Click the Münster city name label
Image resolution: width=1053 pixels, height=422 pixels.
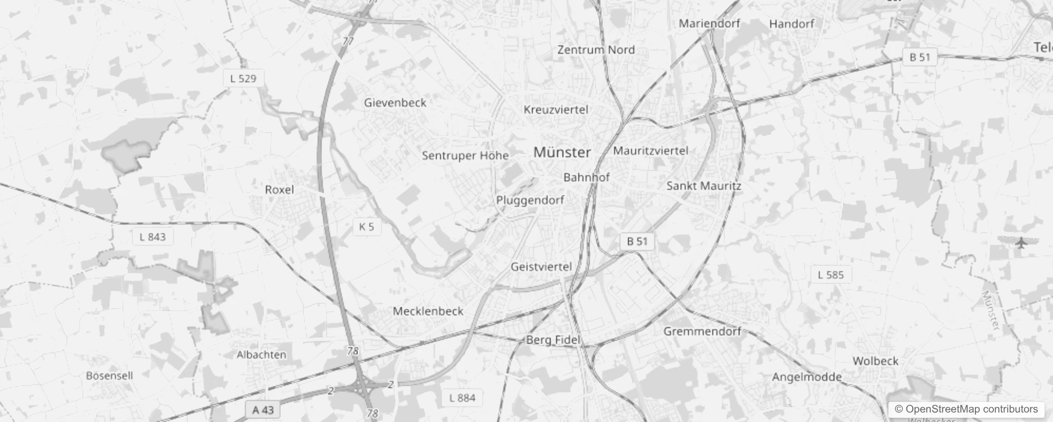point(562,152)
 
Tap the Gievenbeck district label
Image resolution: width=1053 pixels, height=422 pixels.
point(395,102)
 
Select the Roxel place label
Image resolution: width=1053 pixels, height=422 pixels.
point(279,189)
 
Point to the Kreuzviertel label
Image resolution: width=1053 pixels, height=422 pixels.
point(556,110)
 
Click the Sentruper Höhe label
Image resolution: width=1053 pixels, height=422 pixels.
point(465,156)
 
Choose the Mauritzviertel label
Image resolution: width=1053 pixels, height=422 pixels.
point(650,151)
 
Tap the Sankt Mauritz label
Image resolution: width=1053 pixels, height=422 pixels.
point(703,186)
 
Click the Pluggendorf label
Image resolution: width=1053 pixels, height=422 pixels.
point(530,200)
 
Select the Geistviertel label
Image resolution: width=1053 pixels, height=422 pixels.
point(541,267)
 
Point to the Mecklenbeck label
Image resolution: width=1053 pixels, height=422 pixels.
point(428,311)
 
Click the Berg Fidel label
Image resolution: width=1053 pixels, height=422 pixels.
point(553,340)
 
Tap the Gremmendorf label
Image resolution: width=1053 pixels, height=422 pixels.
point(702,331)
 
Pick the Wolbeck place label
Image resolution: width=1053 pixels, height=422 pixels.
point(875,361)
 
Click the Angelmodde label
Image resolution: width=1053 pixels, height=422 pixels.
point(807,377)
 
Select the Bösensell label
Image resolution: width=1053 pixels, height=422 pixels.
point(109,376)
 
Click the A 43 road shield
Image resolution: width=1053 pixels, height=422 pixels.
point(263,410)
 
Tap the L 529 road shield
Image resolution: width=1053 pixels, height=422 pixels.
point(243,79)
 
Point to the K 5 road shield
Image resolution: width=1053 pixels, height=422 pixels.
point(366,227)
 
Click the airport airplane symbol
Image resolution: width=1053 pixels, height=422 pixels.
point(1021,243)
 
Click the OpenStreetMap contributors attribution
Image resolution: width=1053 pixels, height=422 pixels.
point(966,409)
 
